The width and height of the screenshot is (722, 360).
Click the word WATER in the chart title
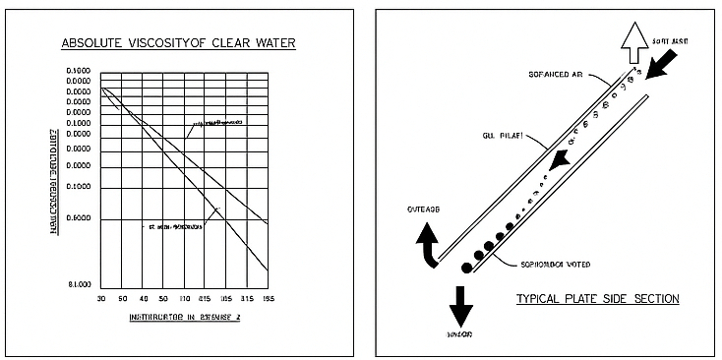[270, 43]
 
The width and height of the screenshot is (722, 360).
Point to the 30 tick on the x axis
[101, 297]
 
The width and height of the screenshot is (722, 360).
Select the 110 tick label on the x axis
[184, 297]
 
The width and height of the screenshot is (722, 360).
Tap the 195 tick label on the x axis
[268, 297]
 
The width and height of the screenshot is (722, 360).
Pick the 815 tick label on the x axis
[205, 297]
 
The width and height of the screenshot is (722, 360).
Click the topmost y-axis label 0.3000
[78, 71]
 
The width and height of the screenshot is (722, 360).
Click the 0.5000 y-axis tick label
[78, 218]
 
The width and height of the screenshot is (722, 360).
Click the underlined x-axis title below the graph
[184, 319]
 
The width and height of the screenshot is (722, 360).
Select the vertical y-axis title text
[59, 177]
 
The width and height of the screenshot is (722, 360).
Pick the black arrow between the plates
[559, 160]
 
